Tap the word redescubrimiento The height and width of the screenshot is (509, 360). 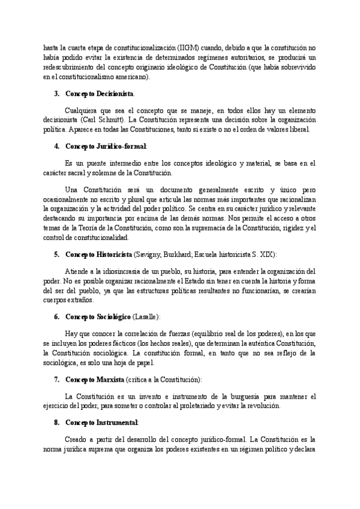[x=70, y=68]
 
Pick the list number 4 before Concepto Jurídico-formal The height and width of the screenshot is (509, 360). [x=56, y=146]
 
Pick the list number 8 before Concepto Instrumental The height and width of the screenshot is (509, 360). [x=56, y=423]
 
